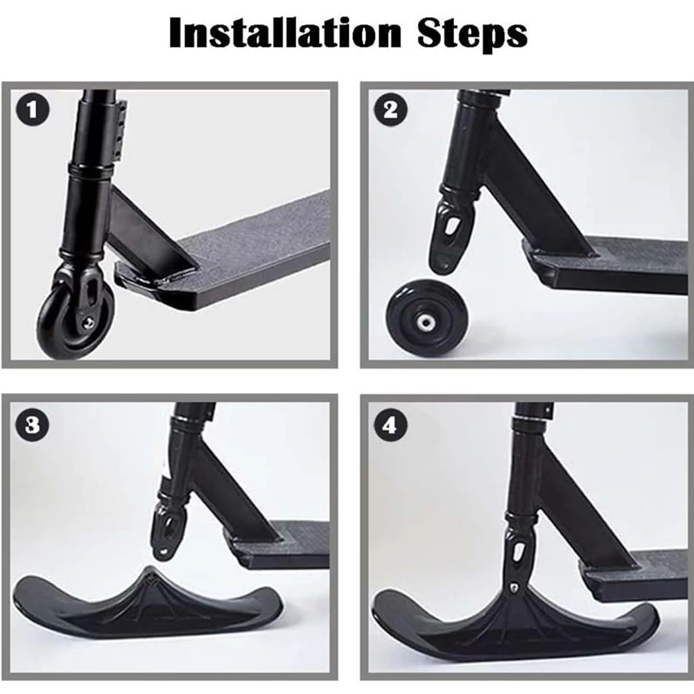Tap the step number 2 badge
390,111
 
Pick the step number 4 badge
390,425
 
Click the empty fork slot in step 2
451,225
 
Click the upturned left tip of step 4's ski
388,610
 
